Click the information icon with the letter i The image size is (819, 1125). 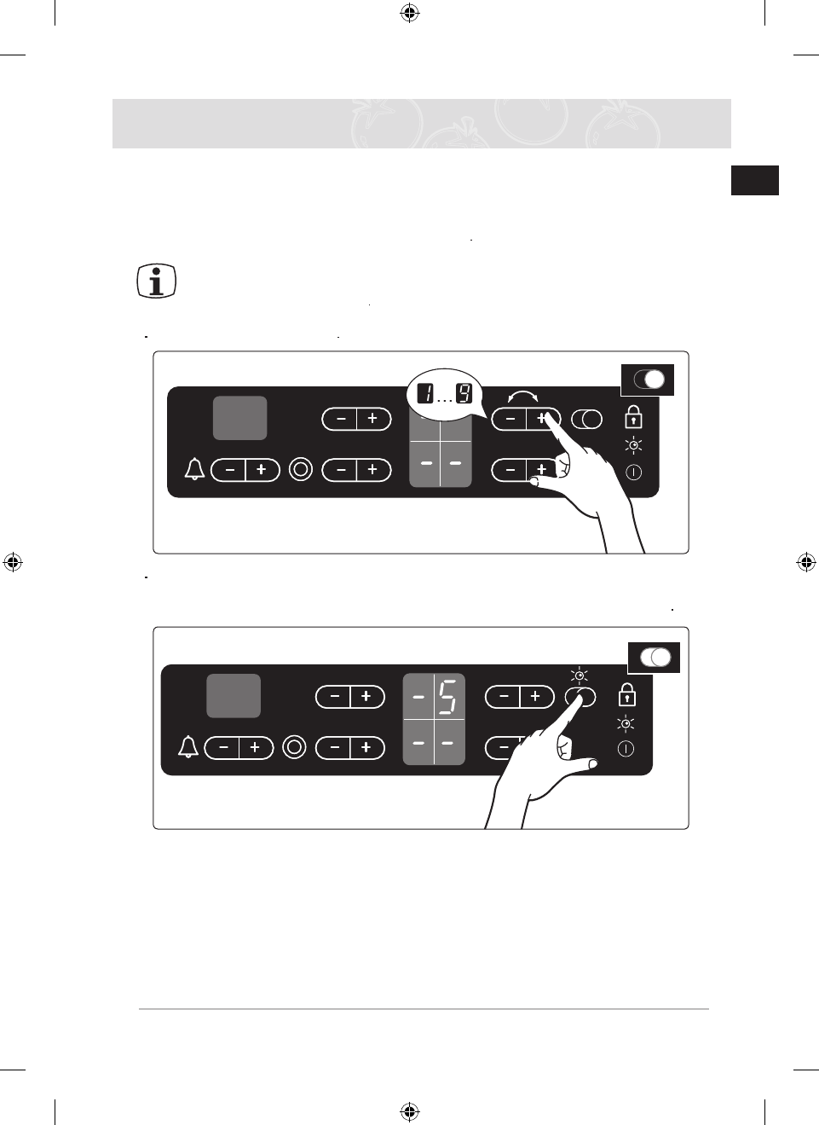click(x=157, y=281)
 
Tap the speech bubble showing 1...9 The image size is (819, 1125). click(x=444, y=394)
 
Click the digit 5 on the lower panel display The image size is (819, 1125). click(x=448, y=697)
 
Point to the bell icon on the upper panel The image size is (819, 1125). click(x=194, y=469)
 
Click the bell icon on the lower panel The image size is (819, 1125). click(x=188, y=747)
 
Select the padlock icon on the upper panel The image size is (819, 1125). click(x=633, y=417)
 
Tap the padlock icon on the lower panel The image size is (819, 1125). click(x=627, y=694)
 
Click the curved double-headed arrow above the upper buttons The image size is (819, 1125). click(x=522, y=397)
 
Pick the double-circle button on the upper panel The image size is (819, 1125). click(x=301, y=469)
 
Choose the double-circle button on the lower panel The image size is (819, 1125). click(x=294, y=747)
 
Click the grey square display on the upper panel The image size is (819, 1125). click(x=239, y=418)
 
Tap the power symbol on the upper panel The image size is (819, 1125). click(x=633, y=472)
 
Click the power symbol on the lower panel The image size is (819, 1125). click(x=626, y=749)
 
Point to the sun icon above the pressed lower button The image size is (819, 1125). click(x=580, y=676)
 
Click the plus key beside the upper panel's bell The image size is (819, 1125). click(x=262, y=470)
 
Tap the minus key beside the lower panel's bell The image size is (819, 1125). click(x=223, y=748)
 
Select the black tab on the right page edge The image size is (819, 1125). click(x=754, y=181)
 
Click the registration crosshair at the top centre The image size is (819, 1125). click(x=409, y=13)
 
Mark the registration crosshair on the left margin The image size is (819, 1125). click(x=12, y=562)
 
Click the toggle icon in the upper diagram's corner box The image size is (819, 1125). click(x=649, y=380)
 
